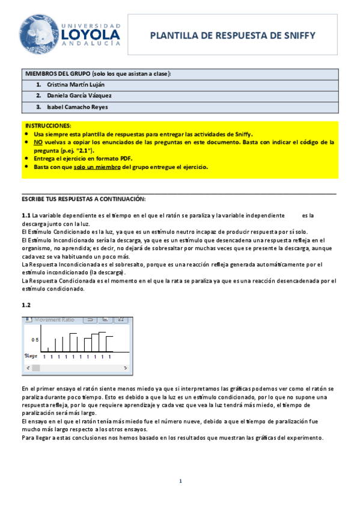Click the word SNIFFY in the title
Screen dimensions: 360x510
tap(295, 37)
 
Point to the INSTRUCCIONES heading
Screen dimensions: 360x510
tap(46, 126)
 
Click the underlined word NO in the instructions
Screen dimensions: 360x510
tap(38, 142)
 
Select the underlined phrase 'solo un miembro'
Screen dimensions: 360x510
tap(97, 167)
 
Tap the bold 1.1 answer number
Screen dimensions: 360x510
tap(26, 215)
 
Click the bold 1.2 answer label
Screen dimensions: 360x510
tap(26, 306)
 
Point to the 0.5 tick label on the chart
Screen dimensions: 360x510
tap(35, 340)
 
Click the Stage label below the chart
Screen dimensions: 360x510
tap(31, 357)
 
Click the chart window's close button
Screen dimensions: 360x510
tap(127, 320)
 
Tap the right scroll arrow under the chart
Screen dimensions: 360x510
tap(129, 367)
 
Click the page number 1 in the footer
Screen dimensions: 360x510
tap(180, 481)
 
